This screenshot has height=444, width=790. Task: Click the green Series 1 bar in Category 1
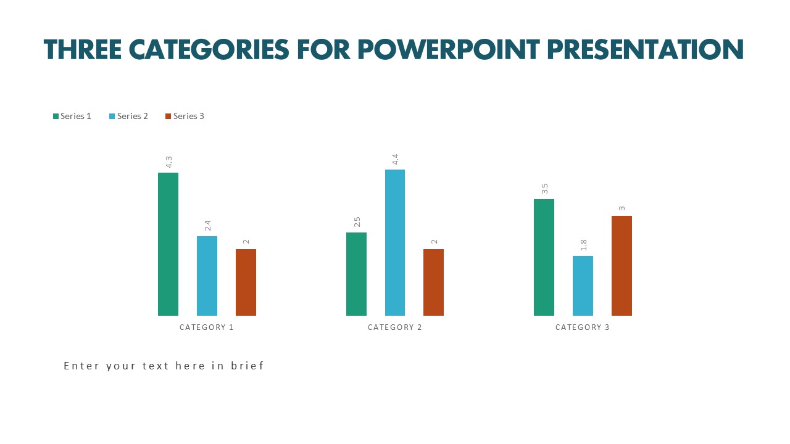(168, 244)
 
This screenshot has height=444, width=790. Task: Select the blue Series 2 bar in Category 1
(207, 276)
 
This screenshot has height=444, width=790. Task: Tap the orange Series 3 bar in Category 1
(246, 282)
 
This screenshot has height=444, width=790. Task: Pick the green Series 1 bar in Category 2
(356, 274)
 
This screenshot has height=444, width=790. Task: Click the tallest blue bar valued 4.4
(395, 242)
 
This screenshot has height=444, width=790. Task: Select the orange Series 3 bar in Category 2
(433, 282)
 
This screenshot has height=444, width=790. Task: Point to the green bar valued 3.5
(544, 257)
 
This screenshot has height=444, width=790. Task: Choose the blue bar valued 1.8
(583, 286)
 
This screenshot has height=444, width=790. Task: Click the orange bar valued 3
(622, 266)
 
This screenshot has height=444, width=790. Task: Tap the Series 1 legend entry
(72, 116)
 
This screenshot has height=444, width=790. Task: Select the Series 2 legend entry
(129, 116)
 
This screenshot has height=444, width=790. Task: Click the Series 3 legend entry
(185, 116)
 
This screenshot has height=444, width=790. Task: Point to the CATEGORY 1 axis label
(207, 327)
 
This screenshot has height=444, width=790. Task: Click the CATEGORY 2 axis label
(395, 327)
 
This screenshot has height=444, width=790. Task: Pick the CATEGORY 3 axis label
(583, 327)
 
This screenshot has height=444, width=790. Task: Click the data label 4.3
(168, 162)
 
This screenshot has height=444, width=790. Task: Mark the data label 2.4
(207, 226)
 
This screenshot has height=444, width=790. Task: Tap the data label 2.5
(357, 222)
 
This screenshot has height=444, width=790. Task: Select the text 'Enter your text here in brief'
(164, 366)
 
